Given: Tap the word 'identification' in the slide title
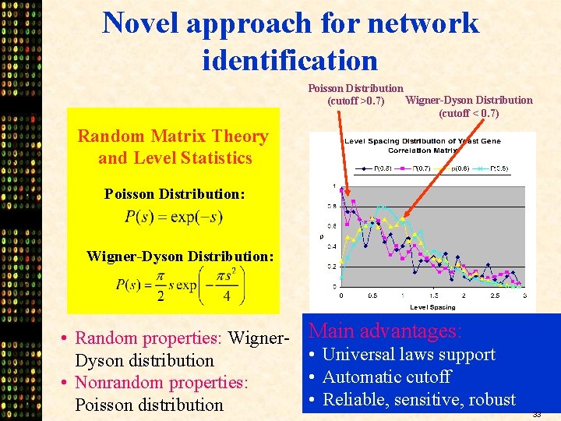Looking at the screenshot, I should point(289,59).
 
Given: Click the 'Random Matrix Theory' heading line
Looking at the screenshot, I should point(172,136).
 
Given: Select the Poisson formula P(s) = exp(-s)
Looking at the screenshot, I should point(173,217).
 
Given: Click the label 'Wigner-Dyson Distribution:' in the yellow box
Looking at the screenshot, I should point(180,256).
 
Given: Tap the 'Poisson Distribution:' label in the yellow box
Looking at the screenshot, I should point(175,193).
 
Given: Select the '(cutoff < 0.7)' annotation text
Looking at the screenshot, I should point(469,113).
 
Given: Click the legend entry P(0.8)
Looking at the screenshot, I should point(372,168).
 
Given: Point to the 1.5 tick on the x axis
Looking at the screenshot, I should point(433,295).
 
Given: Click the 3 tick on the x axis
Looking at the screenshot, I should point(524,295).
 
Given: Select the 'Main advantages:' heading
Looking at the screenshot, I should point(386,331).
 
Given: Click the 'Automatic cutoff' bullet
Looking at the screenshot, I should point(386,377).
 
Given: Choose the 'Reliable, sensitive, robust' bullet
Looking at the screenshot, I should point(418,399).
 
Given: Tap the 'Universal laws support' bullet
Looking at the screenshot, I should point(408,354).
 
